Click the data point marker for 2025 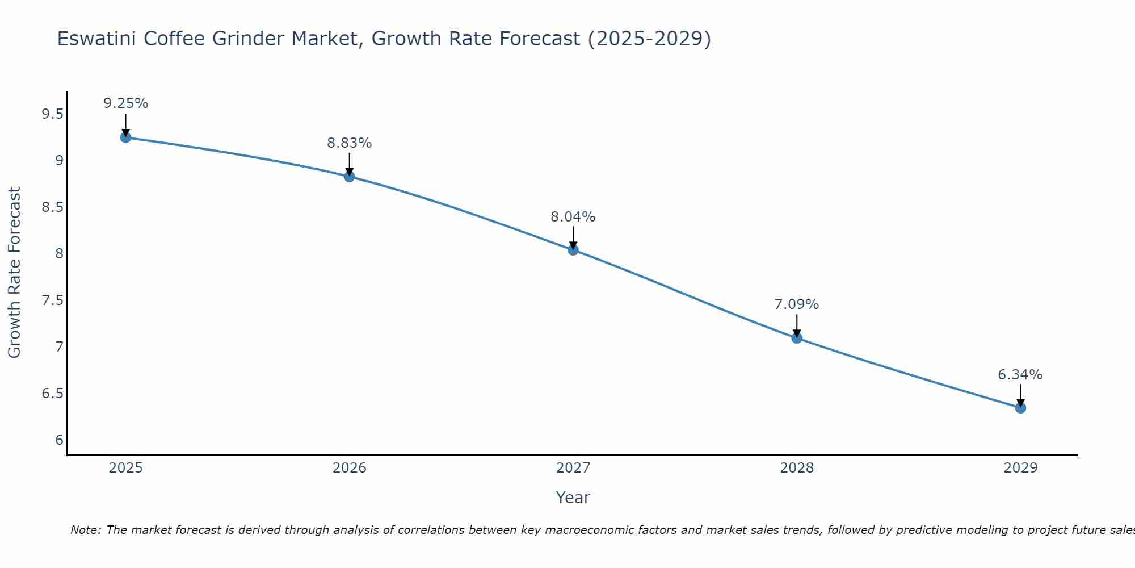pyautogui.click(x=125, y=137)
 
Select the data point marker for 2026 pyautogui.click(x=349, y=177)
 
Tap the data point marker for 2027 pyautogui.click(x=573, y=250)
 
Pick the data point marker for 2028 pyautogui.click(x=797, y=338)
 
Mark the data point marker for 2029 pyautogui.click(x=1020, y=408)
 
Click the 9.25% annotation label pyautogui.click(x=125, y=103)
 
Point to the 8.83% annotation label pyautogui.click(x=349, y=143)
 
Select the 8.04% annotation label pyautogui.click(x=573, y=217)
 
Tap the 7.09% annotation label pyautogui.click(x=797, y=304)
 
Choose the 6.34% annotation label pyautogui.click(x=1020, y=375)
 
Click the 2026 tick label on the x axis pyautogui.click(x=349, y=468)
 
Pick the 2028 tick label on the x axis pyautogui.click(x=797, y=468)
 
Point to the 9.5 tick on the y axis pyautogui.click(x=52, y=114)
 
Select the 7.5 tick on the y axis pyautogui.click(x=52, y=300)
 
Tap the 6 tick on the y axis pyautogui.click(x=59, y=440)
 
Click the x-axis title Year pyautogui.click(x=573, y=498)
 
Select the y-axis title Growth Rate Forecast pyautogui.click(x=14, y=273)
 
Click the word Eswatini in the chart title pyautogui.click(x=97, y=39)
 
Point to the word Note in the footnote pyautogui.click(x=85, y=530)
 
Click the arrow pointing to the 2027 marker pyautogui.click(x=573, y=237)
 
